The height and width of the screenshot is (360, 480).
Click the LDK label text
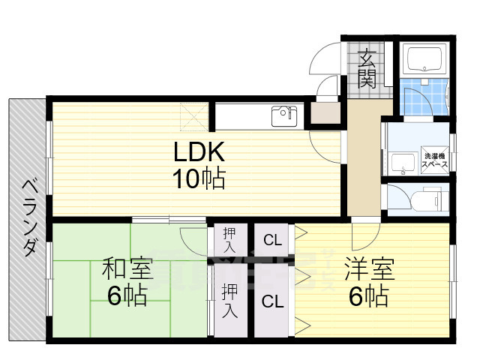[199, 153]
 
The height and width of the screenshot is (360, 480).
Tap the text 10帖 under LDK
[199, 180]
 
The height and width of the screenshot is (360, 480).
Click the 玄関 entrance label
[367, 68]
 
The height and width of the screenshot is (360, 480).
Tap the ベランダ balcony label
[28, 217]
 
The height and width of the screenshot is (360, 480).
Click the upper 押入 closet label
[230, 241]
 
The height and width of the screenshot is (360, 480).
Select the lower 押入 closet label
[230, 301]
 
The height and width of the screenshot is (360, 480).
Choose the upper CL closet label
[272, 241]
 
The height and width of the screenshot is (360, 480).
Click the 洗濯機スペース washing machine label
[434, 159]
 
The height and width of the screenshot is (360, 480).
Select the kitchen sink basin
[284, 117]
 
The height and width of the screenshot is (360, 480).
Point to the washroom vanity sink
[404, 161]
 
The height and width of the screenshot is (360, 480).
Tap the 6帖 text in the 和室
[127, 297]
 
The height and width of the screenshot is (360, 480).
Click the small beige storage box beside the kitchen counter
[324, 114]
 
